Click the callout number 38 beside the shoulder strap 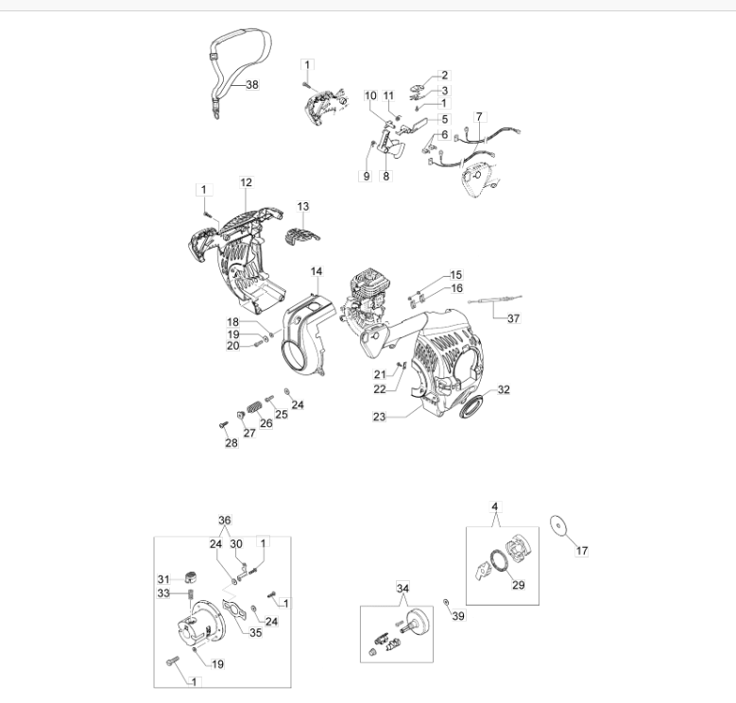point(252,85)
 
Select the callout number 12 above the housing point(246,182)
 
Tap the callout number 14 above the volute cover point(317,271)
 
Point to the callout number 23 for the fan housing point(379,417)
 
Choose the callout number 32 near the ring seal point(504,389)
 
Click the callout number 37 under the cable point(514,318)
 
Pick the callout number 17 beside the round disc point(582,551)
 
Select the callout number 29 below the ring point(518,585)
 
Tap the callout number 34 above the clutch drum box point(402,589)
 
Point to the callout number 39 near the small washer point(458,616)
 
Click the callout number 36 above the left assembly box point(225,521)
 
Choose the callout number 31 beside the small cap point(163,579)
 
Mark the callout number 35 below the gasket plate point(255,633)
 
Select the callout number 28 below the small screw point(231,443)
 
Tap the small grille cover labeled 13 point(302,235)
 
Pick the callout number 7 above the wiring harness point(479,117)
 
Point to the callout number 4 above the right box point(495,507)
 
